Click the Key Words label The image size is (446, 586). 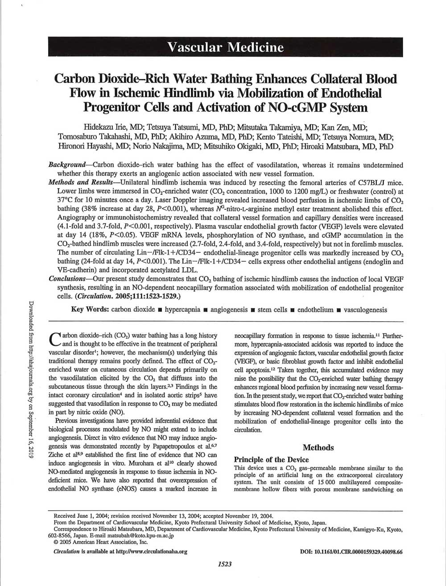[90, 309]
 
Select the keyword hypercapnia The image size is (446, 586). [182, 309]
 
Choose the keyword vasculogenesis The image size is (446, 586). [366, 309]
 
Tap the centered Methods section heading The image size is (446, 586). [318, 447]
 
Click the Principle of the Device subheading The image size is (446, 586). [271, 459]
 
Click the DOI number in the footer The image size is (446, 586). [351, 551]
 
